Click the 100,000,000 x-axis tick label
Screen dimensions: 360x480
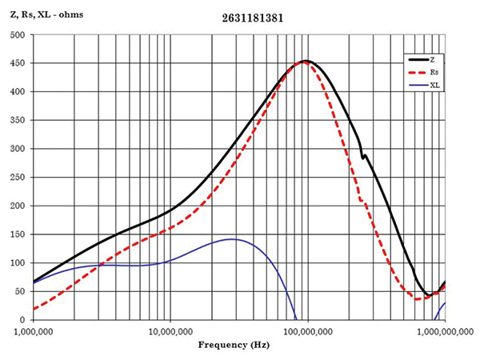pos(307,329)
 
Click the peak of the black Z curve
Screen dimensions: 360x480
pos(306,61)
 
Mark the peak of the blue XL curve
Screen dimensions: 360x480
pos(231,238)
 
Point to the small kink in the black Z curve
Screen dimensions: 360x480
pos(363,156)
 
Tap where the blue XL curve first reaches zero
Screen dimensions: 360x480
pos(297,319)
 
